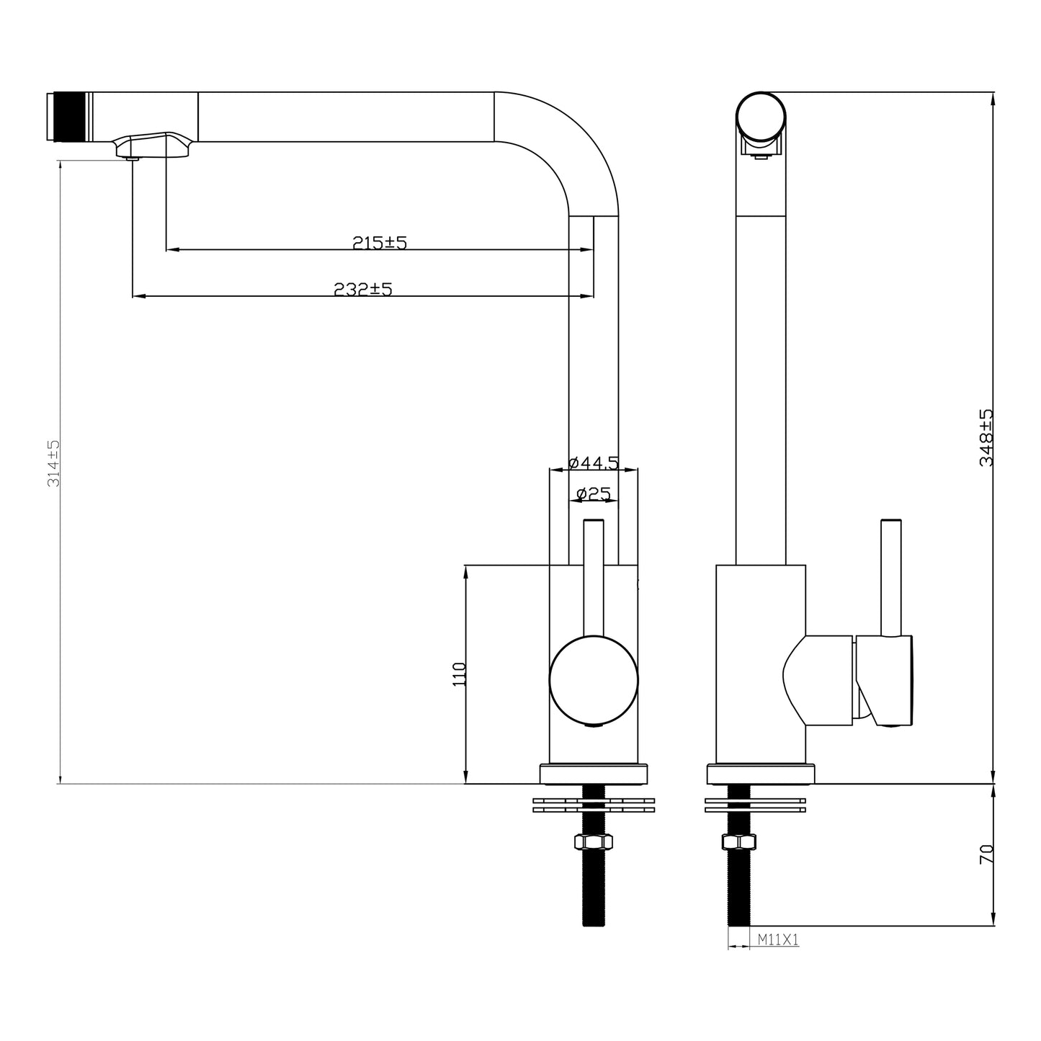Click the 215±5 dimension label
(x=379, y=243)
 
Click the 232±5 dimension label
(x=362, y=290)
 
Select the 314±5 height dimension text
(x=53, y=463)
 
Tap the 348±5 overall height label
(x=986, y=437)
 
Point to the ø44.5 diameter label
(x=594, y=463)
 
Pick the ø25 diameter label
(x=594, y=493)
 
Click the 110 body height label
(x=459, y=674)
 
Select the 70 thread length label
(x=986, y=854)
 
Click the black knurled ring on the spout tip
(x=70, y=117)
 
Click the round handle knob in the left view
(x=594, y=680)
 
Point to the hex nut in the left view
(x=594, y=842)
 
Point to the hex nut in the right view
(x=738, y=842)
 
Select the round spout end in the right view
(x=761, y=117)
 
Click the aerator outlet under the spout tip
(x=132, y=158)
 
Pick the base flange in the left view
(x=594, y=774)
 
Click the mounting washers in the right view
(x=755, y=805)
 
